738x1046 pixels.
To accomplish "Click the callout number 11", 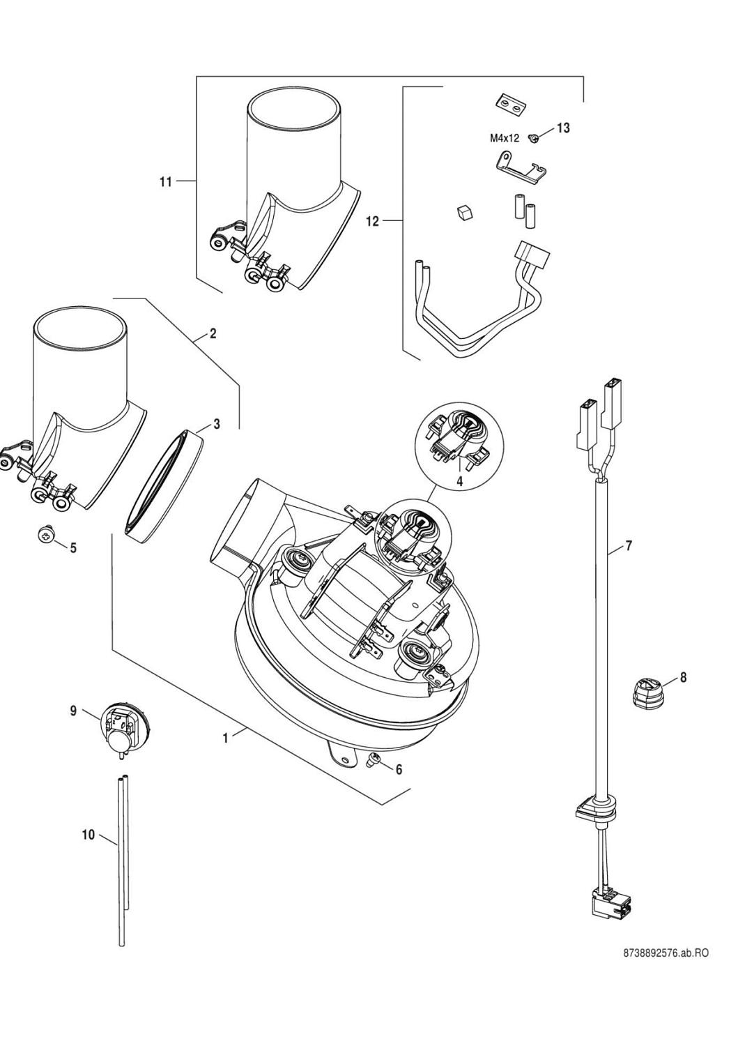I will pos(165,182).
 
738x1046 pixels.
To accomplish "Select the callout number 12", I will pos(373,221).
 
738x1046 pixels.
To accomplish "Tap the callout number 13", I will pos(562,128).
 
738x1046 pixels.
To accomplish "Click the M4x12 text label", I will pos(505,138).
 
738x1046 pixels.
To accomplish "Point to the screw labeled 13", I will pos(535,138).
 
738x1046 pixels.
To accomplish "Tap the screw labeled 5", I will pos(46,536).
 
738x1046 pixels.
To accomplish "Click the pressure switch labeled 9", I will pos(118,726).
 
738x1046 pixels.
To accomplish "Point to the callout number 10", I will pos(88,835).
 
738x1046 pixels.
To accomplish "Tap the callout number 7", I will pos(628,546).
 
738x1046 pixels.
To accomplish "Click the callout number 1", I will pos(225,738).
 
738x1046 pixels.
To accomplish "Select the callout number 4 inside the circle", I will pos(460,480).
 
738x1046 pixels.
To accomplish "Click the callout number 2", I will pos(213,333).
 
